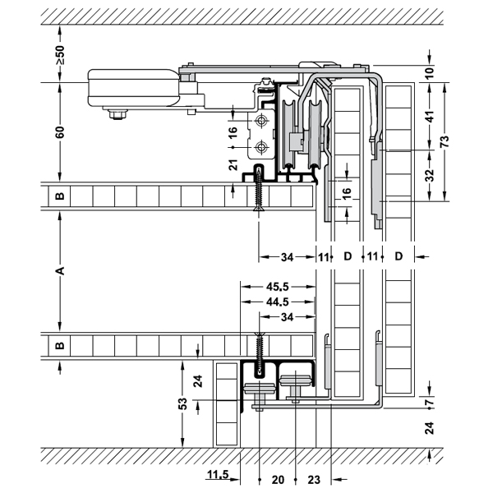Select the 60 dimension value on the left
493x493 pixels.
60,131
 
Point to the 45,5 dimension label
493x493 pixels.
277,288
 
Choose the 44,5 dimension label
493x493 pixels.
277,302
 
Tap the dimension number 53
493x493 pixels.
183,403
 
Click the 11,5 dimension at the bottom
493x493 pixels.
218,476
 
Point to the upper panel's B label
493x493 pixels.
59,196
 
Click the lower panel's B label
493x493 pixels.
59,345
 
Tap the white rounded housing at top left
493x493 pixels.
131,88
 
